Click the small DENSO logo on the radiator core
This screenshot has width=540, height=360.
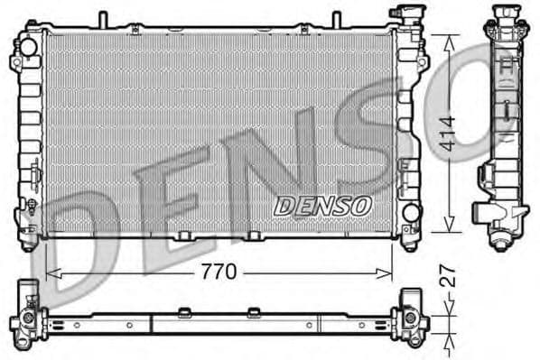[322, 206]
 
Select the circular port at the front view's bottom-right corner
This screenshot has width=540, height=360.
[411, 213]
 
